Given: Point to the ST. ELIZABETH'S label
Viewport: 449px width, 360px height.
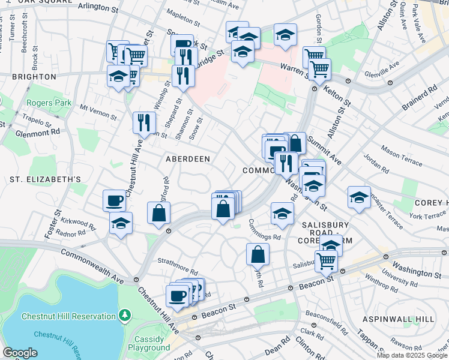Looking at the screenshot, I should [45, 179].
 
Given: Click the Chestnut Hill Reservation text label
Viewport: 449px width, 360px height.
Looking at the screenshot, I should [68, 316].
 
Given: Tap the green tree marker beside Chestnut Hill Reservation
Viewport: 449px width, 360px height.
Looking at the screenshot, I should [124, 314].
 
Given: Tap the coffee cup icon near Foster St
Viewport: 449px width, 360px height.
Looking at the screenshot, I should [114, 200].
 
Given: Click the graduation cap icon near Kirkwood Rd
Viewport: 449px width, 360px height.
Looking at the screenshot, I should [121, 223].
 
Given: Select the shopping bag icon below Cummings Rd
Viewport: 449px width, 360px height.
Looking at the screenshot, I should [257, 253].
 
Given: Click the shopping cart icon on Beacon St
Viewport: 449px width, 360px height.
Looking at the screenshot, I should [325, 260].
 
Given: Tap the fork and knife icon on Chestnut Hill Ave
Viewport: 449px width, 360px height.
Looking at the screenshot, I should [144, 122].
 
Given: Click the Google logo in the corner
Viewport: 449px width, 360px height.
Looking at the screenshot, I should [20, 353].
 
